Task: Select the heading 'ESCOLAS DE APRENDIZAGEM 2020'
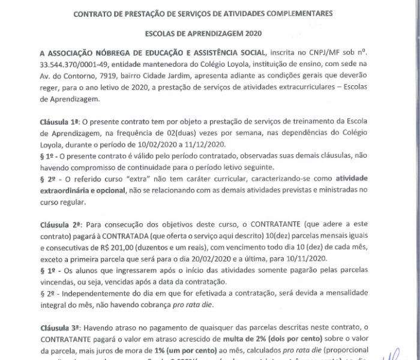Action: (x=210, y=34)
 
